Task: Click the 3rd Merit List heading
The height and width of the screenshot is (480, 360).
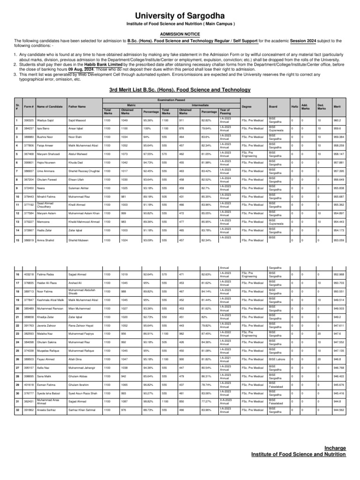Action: coord(180,90)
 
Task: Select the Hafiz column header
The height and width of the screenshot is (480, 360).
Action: coord(294,107)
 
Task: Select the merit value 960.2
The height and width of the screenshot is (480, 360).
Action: coord(337,120)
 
